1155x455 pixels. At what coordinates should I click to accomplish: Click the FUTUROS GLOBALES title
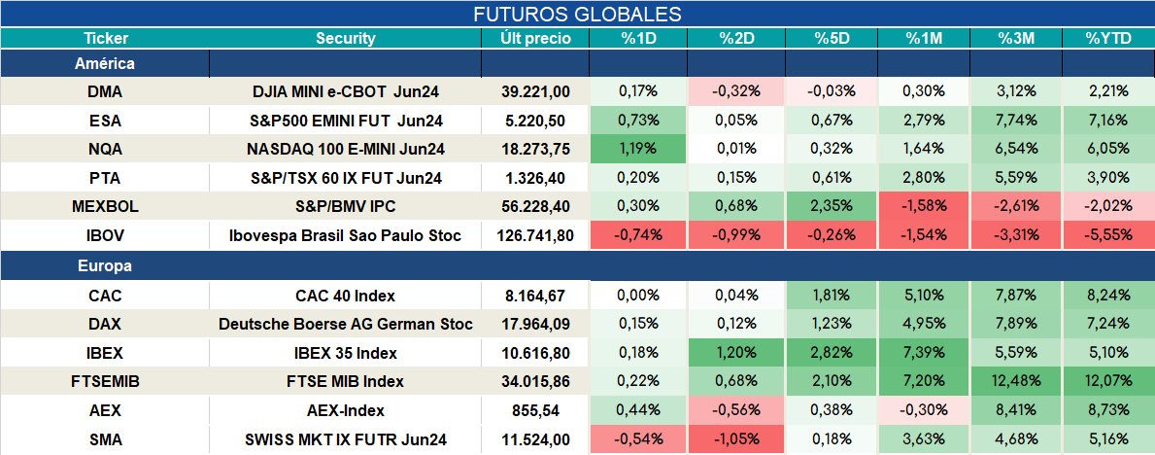pos(577,14)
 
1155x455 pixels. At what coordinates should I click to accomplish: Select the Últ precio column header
pos(535,38)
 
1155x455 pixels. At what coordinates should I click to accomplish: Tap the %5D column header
pos(832,38)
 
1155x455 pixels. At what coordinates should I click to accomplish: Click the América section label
pos(105,63)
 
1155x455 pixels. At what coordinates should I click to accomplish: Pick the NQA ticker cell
pos(104,149)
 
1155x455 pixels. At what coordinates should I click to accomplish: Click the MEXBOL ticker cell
pos(104,207)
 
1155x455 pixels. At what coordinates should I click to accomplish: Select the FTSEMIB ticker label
pos(104,381)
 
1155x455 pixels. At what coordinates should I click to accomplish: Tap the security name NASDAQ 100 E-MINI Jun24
pos(346,149)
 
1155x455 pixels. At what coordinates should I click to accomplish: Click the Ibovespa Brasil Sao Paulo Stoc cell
pos(346,236)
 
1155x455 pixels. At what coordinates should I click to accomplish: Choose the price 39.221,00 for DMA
pos(535,91)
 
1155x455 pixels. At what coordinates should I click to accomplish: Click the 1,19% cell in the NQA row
pos(638,149)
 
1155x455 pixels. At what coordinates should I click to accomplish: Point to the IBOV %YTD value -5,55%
pos(1107,236)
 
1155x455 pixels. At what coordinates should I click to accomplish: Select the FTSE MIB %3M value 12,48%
pos(1016,381)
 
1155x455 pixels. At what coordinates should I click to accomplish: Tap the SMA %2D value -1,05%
pos(736,439)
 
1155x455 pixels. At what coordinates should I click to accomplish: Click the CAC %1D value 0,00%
pos(638,295)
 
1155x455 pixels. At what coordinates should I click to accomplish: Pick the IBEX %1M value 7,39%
pos(924,353)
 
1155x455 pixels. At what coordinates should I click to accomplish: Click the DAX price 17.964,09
pos(535,324)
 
